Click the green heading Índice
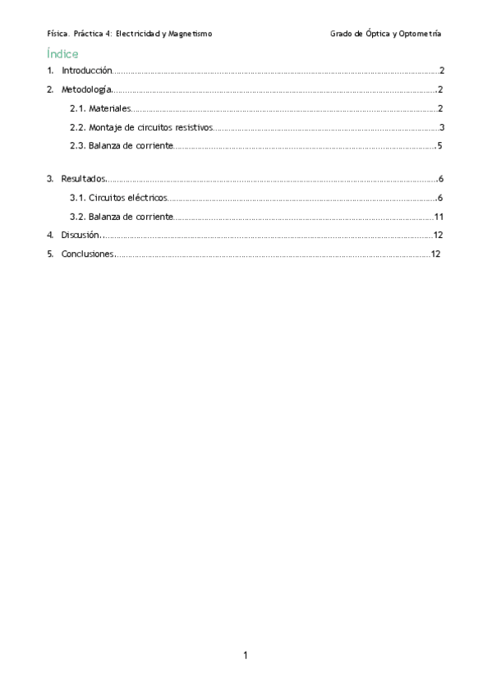pyautogui.click(x=63, y=53)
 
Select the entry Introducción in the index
pyautogui.click(x=86, y=71)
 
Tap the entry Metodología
pyautogui.click(x=86, y=89)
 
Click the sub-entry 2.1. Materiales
pyautogui.click(x=100, y=108)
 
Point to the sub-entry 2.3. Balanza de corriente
pyautogui.click(x=122, y=146)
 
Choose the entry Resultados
pyautogui.click(x=83, y=178)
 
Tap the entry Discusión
pyautogui.click(x=80, y=236)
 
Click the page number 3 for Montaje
pyautogui.click(x=442, y=127)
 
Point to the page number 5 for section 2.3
pyautogui.click(x=441, y=146)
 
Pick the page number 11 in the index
pyautogui.click(x=439, y=217)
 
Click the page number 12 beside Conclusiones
pyautogui.click(x=436, y=254)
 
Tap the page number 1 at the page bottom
pyautogui.click(x=246, y=655)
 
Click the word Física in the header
pyautogui.click(x=58, y=34)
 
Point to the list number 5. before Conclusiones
pyautogui.click(x=51, y=254)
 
